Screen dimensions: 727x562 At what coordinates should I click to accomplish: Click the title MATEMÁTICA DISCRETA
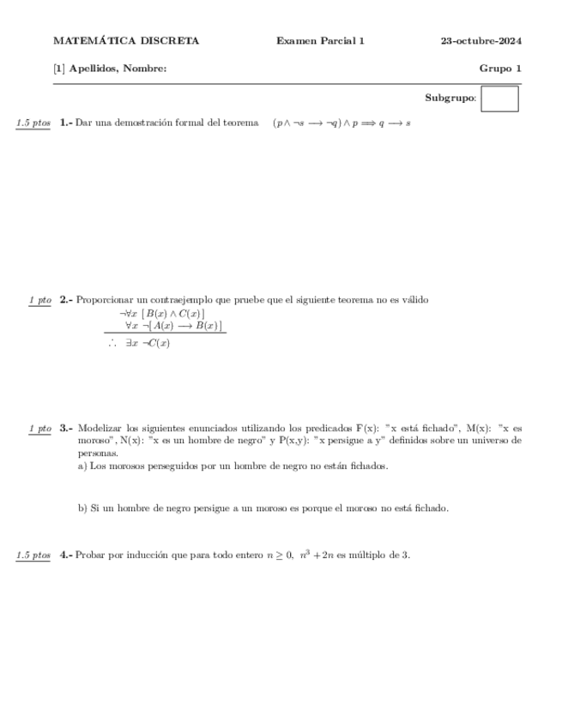tap(126, 40)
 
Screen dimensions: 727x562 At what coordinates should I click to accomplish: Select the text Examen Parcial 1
tap(320, 40)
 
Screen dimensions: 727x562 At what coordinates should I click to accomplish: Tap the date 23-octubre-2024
tap(481, 40)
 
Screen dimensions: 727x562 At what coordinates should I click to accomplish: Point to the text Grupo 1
tap(500, 69)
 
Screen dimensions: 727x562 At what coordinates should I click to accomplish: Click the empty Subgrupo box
tap(499, 99)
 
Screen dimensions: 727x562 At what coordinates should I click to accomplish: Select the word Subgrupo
tap(450, 99)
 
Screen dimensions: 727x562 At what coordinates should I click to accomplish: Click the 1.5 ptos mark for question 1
tap(33, 123)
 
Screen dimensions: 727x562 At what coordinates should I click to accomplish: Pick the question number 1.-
tap(66, 123)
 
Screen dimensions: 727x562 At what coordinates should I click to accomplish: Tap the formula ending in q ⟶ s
tap(341, 123)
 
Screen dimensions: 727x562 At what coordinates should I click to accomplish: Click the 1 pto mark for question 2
tap(39, 300)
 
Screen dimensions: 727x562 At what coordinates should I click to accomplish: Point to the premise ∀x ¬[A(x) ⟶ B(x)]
tap(173, 326)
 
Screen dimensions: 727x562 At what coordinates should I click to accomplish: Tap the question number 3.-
tap(66, 427)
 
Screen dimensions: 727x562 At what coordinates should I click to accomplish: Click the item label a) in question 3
tap(82, 466)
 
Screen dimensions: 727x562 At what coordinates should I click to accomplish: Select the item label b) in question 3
tap(82, 508)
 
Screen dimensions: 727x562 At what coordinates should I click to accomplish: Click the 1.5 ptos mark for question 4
tap(33, 556)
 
